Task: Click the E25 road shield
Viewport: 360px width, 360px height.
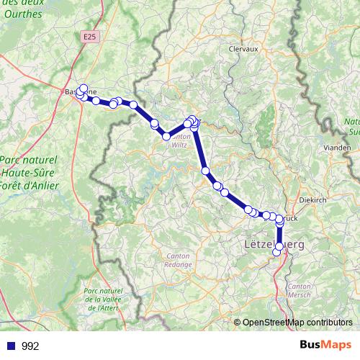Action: pos(89,35)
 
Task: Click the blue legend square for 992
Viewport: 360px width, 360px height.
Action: pos(11,346)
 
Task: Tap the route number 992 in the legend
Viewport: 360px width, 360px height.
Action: pos(30,346)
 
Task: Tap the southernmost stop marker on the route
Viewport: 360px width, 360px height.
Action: pos(276,252)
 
